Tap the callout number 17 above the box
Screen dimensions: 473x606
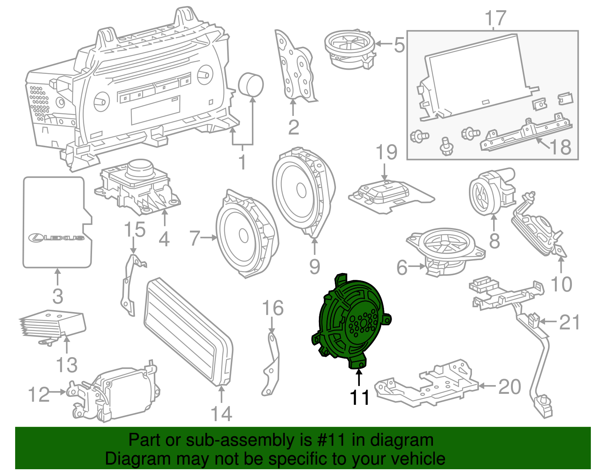(495, 18)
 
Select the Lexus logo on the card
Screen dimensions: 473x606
(57, 237)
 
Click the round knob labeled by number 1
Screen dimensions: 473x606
(250, 84)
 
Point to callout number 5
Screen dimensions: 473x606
(399, 45)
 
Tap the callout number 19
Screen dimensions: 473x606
(386, 152)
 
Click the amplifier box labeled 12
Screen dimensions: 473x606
(121, 394)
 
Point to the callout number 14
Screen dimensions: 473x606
(221, 414)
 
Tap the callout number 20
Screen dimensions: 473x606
(510, 387)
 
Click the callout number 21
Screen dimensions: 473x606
(569, 322)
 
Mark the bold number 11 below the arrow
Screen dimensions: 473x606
(359, 398)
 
